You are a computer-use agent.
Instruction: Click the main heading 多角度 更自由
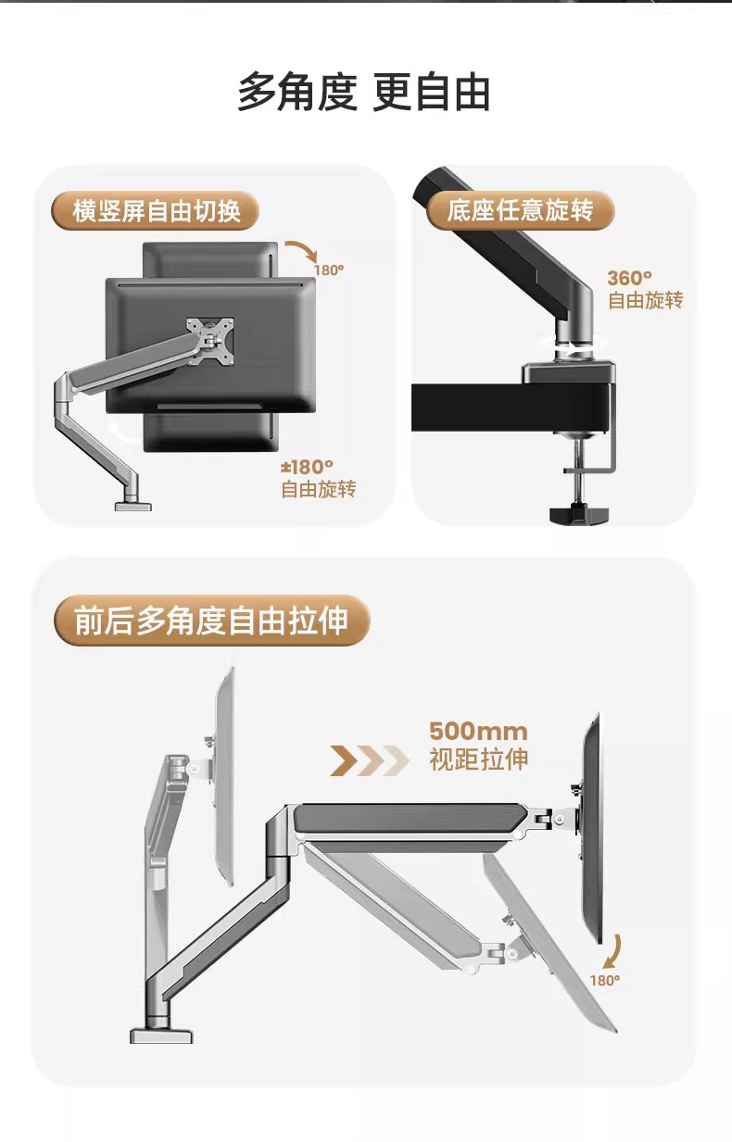[364, 94]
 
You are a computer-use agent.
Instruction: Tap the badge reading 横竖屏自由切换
[156, 211]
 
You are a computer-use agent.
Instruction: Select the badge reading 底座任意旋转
[520, 211]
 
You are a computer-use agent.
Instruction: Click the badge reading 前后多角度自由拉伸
[211, 621]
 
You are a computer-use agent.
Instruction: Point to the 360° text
[630, 277]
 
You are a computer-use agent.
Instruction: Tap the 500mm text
[478, 732]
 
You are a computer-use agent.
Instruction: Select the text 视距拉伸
[478, 760]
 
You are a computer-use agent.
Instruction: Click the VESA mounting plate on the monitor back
[209, 339]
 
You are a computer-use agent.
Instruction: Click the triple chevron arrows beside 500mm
[370, 760]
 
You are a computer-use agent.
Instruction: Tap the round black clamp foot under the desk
[575, 514]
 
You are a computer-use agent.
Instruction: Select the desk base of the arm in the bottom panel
[161, 1033]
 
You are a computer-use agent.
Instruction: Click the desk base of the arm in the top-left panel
[133, 505]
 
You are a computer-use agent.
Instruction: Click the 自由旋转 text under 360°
[645, 301]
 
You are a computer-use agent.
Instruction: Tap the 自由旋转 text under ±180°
[318, 490]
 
